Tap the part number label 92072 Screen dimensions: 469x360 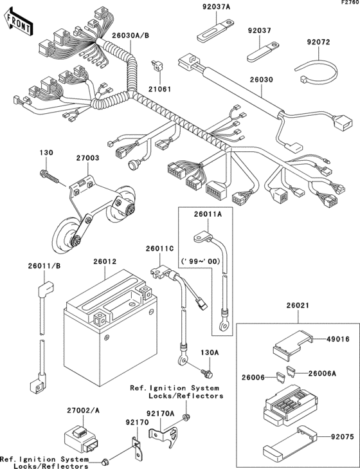[x=318, y=42]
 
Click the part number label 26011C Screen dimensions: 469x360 [x=160, y=248]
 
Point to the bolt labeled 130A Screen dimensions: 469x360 [x=206, y=372]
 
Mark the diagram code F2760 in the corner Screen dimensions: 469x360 [x=348, y=4]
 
